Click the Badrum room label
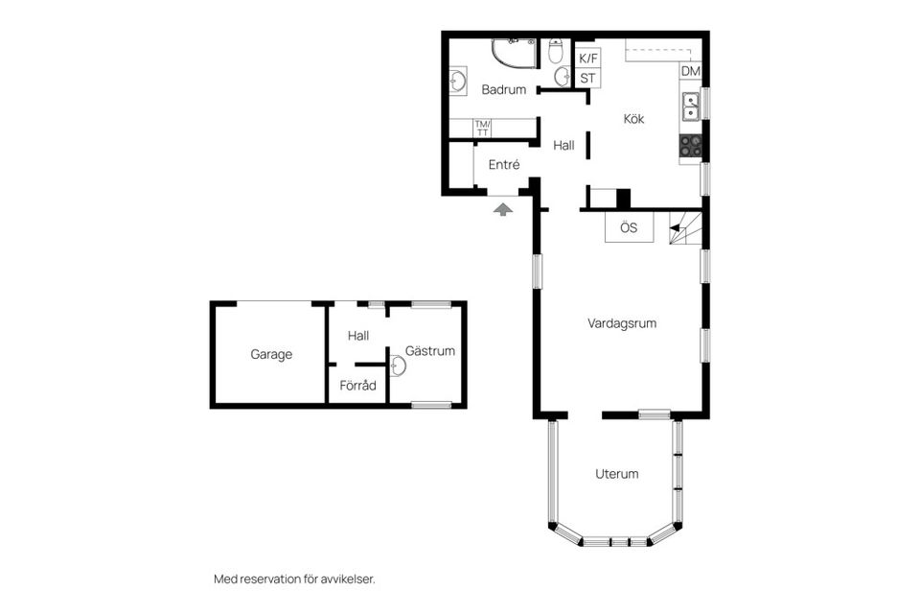[x=504, y=90]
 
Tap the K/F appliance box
[x=588, y=58]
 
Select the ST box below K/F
[x=588, y=78]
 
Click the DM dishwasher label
[x=690, y=72]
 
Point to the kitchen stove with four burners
[x=690, y=146]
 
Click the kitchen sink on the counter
[x=690, y=106]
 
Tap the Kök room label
[x=633, y=120]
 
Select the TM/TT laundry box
[x=483, y=128]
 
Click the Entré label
[x=504, y=165]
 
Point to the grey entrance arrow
[x=503, y=208]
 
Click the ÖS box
[x=629, y=228]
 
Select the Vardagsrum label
[x=622, y=324]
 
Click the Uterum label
[x=616, y=474]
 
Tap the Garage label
[x=271, y=355]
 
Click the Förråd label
[x=358, y=387]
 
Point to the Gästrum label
[x=429, y=351]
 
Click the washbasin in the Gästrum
[x=396, y=366]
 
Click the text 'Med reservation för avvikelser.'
[x=294, y=579]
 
